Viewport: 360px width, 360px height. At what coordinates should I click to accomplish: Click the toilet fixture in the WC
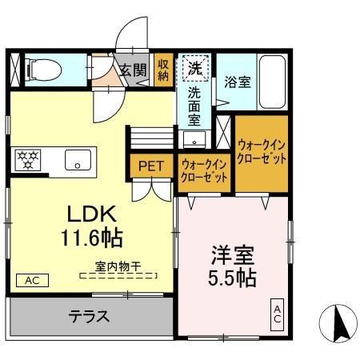[43, 70]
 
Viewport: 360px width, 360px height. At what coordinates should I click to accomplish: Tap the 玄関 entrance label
[133, 70]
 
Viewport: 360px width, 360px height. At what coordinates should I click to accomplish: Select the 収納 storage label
[163, 70]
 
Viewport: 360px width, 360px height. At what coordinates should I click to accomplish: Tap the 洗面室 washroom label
[194, 106]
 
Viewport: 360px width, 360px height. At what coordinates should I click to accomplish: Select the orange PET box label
[150, 166]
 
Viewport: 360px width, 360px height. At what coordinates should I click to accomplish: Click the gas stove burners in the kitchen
[29, 158]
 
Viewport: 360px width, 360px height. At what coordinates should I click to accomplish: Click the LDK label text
[92, 214]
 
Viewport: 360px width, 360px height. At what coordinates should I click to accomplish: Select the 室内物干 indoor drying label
[118, 266]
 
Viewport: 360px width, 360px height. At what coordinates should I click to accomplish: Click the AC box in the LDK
[32, 281]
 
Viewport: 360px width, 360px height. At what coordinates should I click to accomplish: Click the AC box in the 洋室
[278, 314]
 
